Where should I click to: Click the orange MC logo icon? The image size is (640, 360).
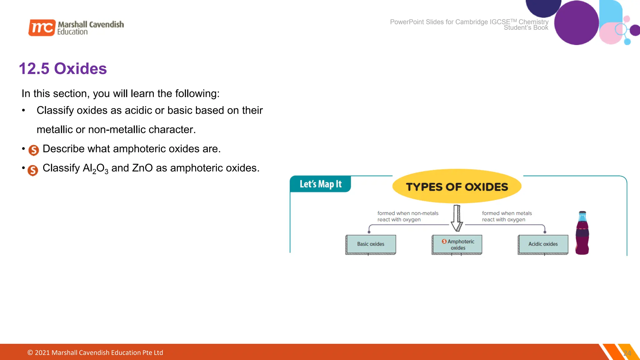coord(42,27)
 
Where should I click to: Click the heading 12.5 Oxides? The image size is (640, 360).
coord(63,69)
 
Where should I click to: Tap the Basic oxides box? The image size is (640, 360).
coord(371,244)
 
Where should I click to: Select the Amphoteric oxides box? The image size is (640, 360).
coord(457,244)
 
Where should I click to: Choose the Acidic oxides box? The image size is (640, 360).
coord(543,244)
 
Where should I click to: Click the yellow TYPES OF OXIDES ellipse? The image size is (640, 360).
coord(457,187)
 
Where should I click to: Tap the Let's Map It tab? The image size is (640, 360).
coord(320,184)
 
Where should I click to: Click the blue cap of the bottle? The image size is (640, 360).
coord(582,216)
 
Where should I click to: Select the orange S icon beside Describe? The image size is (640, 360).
coord(34,150)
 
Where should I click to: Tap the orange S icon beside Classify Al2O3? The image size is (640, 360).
coord(33,170)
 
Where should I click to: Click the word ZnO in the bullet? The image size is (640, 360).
coord(142,168)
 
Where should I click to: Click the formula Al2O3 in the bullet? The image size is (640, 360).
coord(95,168)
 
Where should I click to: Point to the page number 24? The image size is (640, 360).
coord(627,353)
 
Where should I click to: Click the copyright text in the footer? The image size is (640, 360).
coord(95,352)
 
